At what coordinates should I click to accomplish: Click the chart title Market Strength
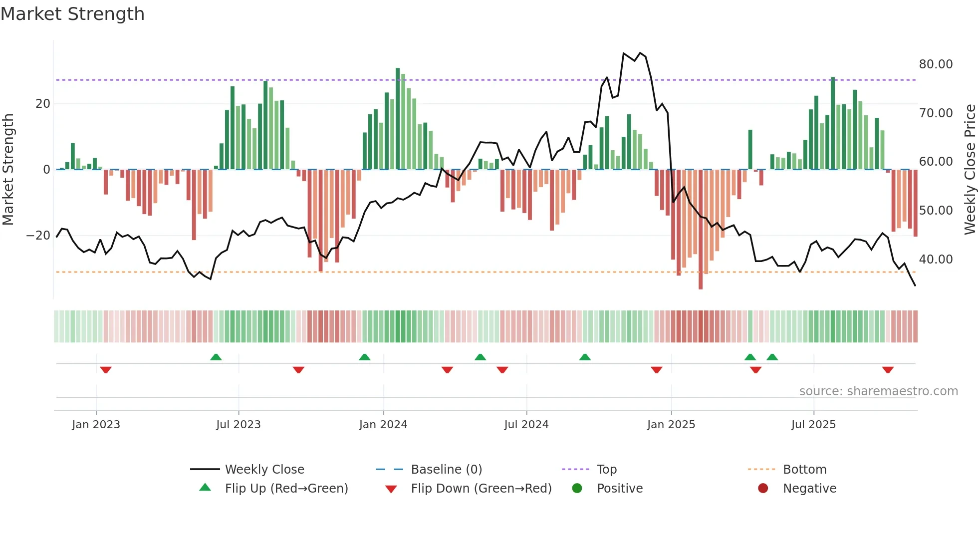(73, 14)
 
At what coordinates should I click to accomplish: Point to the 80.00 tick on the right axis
(936, 64)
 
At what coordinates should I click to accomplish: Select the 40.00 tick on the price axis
(936, 260)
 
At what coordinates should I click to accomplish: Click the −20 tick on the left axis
(38, 236)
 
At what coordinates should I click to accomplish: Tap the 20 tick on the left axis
(43, 104)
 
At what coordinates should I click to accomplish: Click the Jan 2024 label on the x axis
(383, 425)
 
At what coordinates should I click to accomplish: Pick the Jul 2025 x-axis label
(813, 425)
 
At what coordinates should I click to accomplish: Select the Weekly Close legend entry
(264, 470)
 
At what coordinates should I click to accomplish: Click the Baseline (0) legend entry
(446, 470)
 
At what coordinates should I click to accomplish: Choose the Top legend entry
(607, 470)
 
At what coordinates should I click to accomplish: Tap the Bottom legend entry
(804, 470)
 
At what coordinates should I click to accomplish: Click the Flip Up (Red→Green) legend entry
(286, 489)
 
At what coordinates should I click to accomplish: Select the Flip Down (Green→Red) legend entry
(481, 489)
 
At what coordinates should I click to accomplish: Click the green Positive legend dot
(577, 489)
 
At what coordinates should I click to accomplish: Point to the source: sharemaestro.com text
(878, 391)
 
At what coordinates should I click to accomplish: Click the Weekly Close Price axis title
(970, 170)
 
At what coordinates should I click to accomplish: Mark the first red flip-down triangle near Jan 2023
(106, 370)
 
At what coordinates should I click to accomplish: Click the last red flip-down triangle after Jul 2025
(888, 370)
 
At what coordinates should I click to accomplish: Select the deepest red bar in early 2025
(701, 230)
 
